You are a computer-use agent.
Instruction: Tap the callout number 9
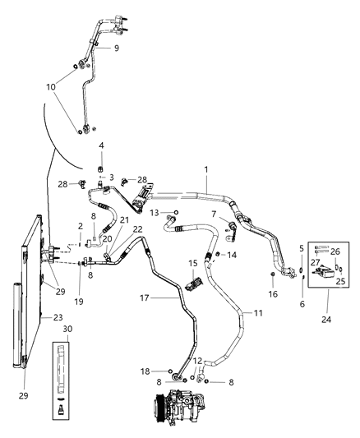pos(116,48)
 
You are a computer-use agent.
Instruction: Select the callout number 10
pos(51,86)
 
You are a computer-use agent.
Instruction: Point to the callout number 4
pos(101,145)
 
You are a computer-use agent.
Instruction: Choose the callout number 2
pos(80,225)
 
